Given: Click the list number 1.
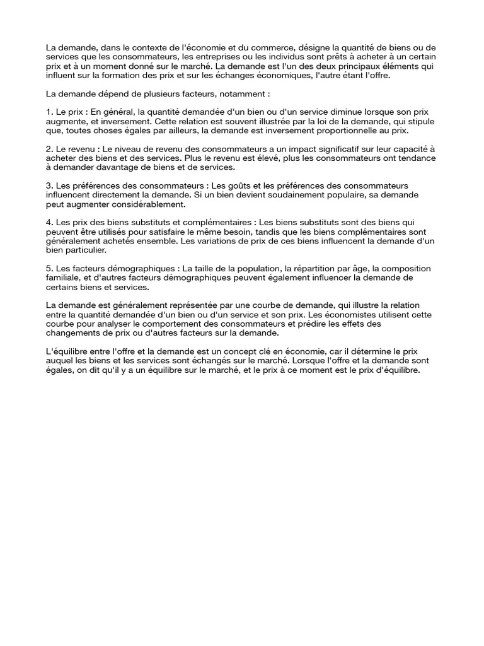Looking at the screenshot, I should pos(50,112).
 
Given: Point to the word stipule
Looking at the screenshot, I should pos(419,121).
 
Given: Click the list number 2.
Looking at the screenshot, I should pos(50,149).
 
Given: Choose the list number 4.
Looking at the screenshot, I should pos(50,223).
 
